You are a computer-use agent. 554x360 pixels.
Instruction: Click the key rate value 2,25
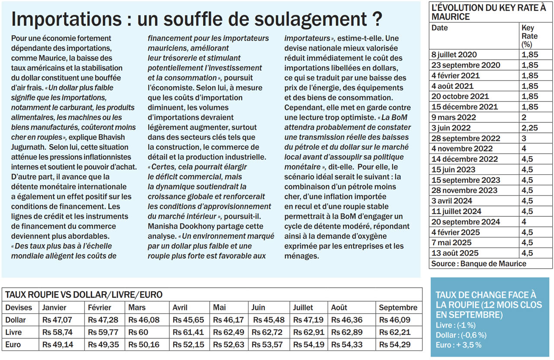pyautogui.click(x=530, y=128)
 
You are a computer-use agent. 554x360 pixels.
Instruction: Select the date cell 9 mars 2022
pyautogui.click(x=454, y=117)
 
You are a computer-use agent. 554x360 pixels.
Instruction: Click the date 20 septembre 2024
pyautogui.click(x=466, y=222)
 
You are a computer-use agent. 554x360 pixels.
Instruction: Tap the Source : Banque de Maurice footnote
pyautogui.click(x=479, y=264)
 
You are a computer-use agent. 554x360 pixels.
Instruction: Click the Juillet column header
pyautogui.click(x=303, y=308)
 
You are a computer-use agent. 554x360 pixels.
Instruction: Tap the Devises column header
pyautogui.click(x=19, y=308)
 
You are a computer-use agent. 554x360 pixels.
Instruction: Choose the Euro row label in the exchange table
pyautogui.click(x=13, y=345)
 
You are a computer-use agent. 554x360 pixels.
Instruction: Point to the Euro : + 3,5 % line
pyautogui.click(x=458, y=345)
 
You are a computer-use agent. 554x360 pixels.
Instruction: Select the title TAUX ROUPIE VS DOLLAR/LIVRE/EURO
pyautogui.click(x=84, y=295)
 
